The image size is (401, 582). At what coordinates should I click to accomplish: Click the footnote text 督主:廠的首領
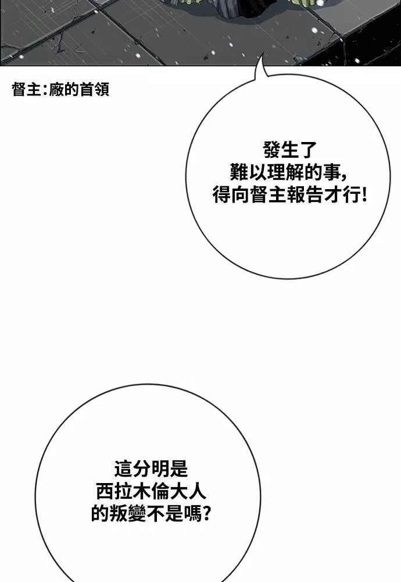60,90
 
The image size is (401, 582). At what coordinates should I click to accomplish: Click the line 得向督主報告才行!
289,195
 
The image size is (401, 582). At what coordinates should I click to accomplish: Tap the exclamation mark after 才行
363,195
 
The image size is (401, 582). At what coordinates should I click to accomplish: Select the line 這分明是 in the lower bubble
151,469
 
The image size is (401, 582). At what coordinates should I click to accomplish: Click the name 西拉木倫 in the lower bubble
133,491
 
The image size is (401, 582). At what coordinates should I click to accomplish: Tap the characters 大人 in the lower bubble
188,491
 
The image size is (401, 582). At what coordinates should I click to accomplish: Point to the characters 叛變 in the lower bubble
128,514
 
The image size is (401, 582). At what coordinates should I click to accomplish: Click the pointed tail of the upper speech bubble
263,54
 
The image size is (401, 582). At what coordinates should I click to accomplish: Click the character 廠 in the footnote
56,90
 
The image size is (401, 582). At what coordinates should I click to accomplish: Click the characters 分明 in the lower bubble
151,469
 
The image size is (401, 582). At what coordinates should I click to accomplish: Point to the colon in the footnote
44,90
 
